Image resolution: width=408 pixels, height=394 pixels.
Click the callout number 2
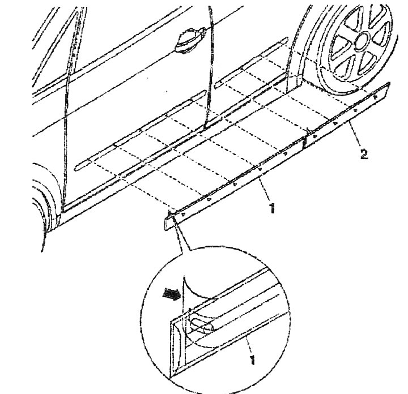click(364, 154)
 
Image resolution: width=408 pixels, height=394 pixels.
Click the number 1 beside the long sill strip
click(271, 208)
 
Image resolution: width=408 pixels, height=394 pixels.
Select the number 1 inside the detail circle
click(252, 359)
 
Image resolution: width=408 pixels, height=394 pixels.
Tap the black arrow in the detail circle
click(171, 294)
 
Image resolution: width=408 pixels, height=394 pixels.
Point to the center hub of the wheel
click(362, 41)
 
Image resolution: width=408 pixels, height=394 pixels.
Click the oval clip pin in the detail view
click(202, 327)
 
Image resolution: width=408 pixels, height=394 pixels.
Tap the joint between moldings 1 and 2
click(305, 141)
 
